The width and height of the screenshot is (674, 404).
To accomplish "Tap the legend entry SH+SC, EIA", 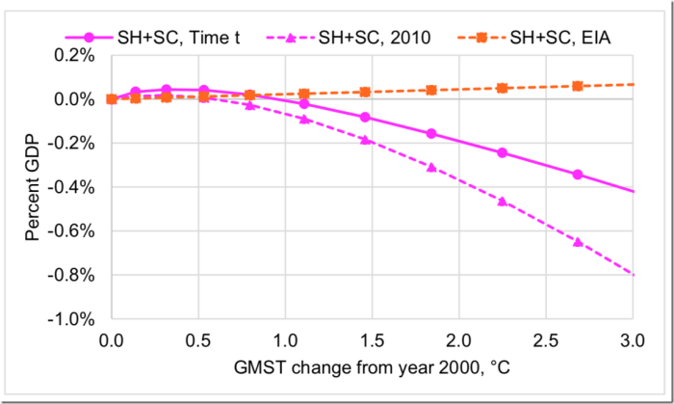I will pyautogui.click(x=551, y=36).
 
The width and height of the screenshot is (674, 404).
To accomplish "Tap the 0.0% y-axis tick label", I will pyautogui.click(x=77, y=98).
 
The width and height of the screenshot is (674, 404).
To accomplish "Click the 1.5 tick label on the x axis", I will pyautogui.click(x=372, y=339).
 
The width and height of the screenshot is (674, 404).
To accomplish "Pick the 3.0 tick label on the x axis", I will pyautogui.click(x=633, y=339).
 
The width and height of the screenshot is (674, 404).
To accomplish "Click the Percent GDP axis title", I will pyautogui.click(x=30, y=186).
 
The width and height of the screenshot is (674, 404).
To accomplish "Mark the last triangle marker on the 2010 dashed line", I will pyautogui.click(x=578, y=242).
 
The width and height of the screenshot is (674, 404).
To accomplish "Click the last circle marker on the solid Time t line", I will pyautogui.click(x=578, y=175).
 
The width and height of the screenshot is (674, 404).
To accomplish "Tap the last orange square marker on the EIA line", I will pyautogui.click(x=578, y=86).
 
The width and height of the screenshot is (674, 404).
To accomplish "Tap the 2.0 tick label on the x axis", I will pyautogui.click(x=458, y=339).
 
